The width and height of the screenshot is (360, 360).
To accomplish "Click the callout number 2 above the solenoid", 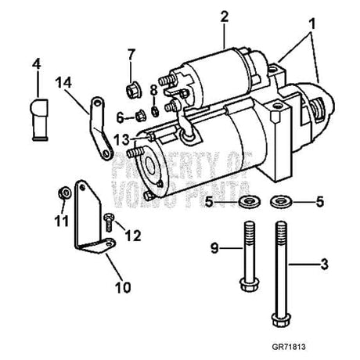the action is (224, 16).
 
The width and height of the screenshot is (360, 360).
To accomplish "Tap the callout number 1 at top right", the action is (312, 24).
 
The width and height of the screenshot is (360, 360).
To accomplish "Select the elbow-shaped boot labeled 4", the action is (40, 120).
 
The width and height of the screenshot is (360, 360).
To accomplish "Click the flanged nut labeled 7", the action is (133, 90).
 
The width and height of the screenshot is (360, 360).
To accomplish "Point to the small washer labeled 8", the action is (155, 111).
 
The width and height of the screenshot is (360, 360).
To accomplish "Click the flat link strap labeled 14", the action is (101, 128).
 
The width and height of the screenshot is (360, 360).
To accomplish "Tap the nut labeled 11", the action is (64, 193).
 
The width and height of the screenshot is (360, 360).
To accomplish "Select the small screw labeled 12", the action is (110, 222).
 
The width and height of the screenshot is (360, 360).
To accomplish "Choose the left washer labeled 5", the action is (249, 201).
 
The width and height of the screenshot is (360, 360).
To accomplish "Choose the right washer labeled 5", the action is (281, 201).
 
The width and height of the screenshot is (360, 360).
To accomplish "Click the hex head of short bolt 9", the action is (249, 285).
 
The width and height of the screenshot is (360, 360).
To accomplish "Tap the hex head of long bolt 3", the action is (281, 319).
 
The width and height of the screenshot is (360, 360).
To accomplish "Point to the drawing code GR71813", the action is (289, 347).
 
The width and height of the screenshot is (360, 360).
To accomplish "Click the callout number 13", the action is (121, 140).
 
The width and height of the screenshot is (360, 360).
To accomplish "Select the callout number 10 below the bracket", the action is (123, 287).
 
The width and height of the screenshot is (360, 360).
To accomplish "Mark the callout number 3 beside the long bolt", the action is (324, 264).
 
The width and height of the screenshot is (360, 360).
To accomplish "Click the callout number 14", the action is (63, 83).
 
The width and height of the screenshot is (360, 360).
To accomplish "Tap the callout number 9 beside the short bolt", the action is (214, 248).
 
